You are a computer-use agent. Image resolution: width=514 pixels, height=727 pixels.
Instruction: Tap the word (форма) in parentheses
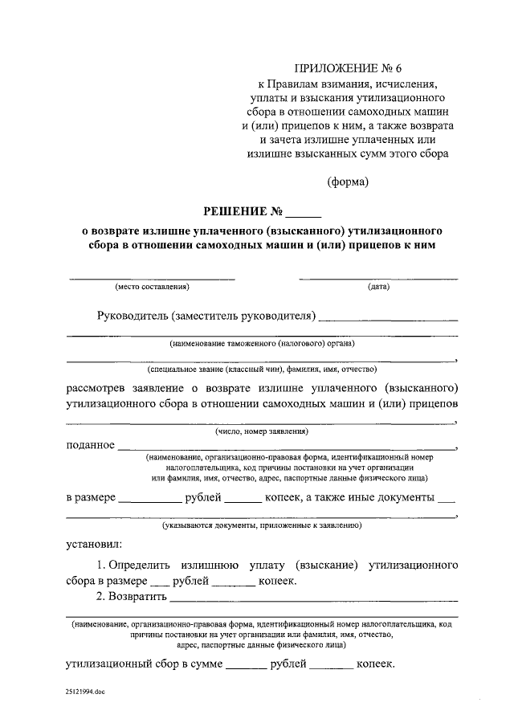click(348, 182)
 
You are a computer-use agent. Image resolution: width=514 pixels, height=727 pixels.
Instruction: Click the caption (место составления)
click(152, 287)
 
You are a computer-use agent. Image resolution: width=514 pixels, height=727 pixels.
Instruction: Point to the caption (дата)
click(378, 287)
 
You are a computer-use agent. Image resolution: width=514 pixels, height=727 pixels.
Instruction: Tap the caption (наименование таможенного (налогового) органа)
click(262, 343)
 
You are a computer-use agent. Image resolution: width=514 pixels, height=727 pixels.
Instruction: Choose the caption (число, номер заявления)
click(262, 431)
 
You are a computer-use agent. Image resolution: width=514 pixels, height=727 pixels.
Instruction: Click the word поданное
click(90, 445)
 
